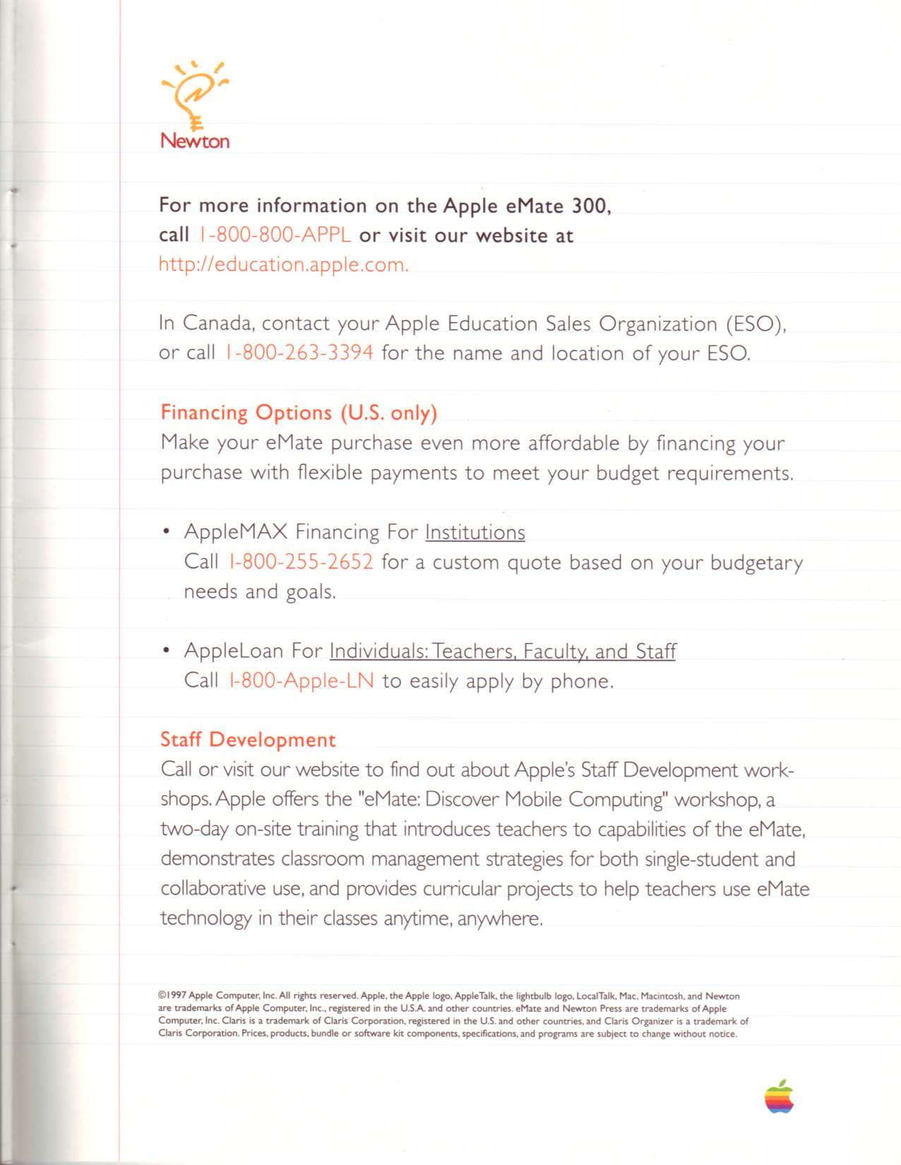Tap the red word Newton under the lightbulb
click(195, 141)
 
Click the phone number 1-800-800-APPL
click(275, 235)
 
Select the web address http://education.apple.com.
click(283, 265)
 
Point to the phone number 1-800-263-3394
click(299, 353)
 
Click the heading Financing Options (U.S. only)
click(299, 412)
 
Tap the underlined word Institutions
click(475, 532)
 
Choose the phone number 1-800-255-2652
click(302, 562)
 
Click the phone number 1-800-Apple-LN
click(302, 680)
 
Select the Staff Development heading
click(248, 740)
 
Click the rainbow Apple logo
click(779, 1096)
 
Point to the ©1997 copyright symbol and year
click(172, 995)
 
